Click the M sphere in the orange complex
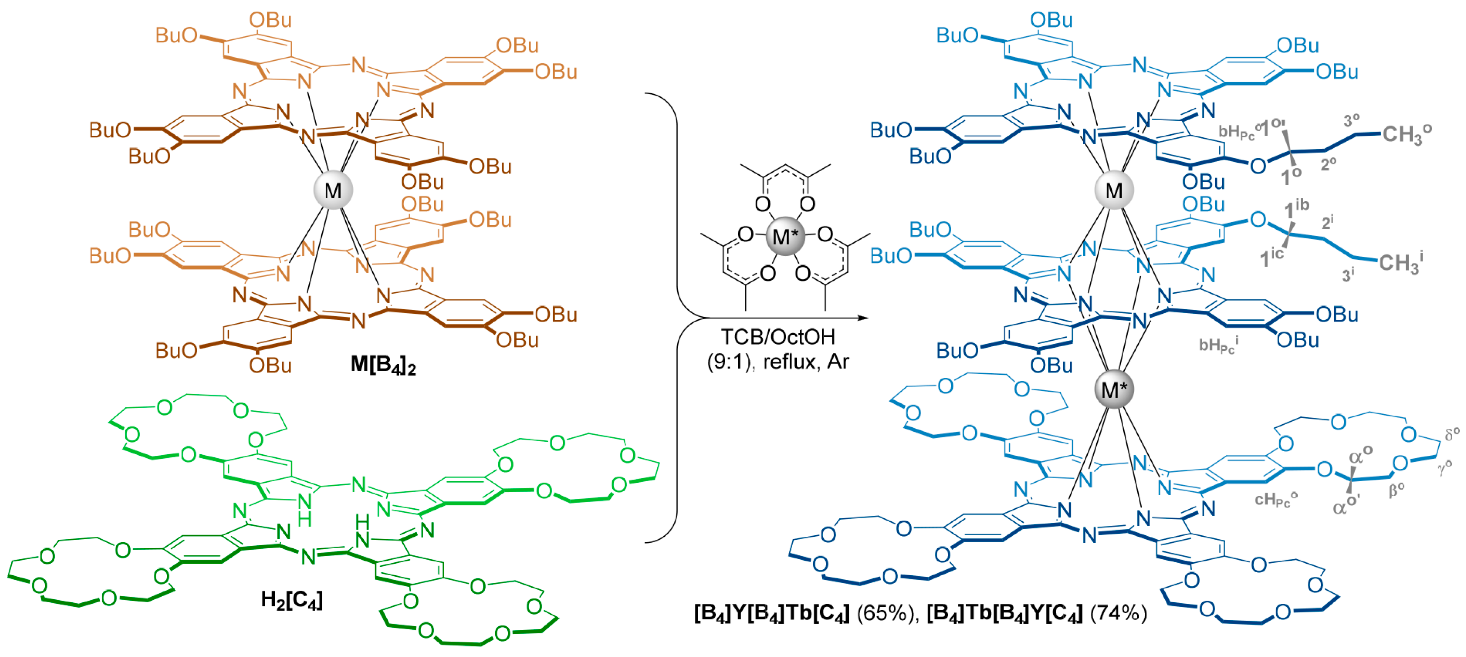point(333,190)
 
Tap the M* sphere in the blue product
point(1114,390)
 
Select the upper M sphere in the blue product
point(1114,190)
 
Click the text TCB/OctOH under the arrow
point(777,337)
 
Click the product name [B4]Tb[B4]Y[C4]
point(1004,613)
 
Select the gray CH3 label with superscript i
point(1400,263)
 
